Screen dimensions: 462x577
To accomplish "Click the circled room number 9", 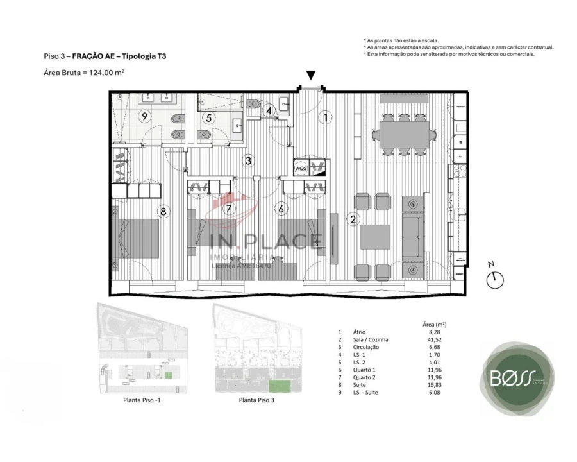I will [145, 116].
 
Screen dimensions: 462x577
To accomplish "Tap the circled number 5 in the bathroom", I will [209, 117].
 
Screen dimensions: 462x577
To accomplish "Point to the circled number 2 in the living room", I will [353, 219].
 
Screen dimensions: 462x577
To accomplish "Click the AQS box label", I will [301, 169].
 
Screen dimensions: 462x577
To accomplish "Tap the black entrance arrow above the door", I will [311, 76].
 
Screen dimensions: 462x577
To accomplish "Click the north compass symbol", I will [495, 278].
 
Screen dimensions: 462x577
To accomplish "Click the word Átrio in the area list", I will [359, 332].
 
